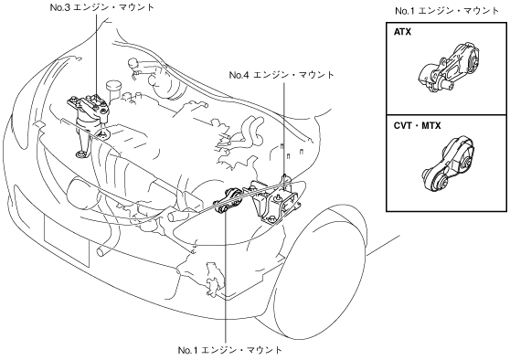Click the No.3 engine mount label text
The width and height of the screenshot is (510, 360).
[101, 7]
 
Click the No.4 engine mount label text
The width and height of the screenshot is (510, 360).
[282, 75]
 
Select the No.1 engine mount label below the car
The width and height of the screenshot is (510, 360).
[230, 350]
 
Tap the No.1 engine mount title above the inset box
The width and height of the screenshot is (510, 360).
[447, 11]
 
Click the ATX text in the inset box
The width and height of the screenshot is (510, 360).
[402, 32]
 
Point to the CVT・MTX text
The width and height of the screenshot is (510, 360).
[418, 125]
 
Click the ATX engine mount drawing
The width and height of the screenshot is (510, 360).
[449, 68]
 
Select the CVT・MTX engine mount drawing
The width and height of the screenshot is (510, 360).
[448, 164]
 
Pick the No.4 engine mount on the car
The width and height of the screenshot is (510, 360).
[275, 201]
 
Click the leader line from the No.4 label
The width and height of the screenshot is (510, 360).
[284, 129]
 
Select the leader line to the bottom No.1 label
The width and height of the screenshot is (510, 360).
[225, 278]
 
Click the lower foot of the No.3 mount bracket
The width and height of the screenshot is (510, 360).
[80, 154]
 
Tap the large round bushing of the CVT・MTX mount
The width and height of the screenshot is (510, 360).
[441, 182]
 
